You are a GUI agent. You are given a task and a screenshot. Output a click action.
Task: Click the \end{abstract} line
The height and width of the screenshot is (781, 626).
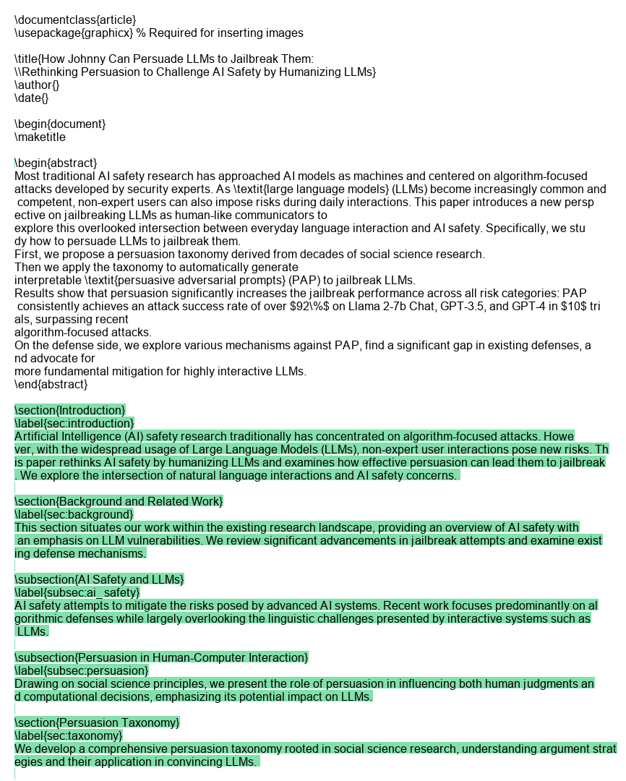tap(51, 384)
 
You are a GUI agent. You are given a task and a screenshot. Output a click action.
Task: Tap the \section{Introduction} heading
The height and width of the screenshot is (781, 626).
tap(70, 410)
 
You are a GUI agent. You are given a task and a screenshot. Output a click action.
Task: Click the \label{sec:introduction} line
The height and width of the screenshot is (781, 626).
tap(74, 423)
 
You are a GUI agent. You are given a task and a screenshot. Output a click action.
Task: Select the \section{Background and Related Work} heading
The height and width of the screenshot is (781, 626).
tap(119, 501)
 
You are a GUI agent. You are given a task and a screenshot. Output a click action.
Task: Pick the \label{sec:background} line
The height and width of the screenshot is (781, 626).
tap(74, 514)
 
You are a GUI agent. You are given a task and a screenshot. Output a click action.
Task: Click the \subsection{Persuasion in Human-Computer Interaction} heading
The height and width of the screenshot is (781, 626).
tap(161, 657)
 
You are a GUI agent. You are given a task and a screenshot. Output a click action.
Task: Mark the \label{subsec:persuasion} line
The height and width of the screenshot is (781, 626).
tap(82, 670)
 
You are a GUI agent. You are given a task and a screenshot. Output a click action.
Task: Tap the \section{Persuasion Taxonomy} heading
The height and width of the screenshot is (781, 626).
tap(98, 722)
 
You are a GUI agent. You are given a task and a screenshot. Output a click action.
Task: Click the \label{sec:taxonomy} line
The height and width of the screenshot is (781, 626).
tap(69, 735)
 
